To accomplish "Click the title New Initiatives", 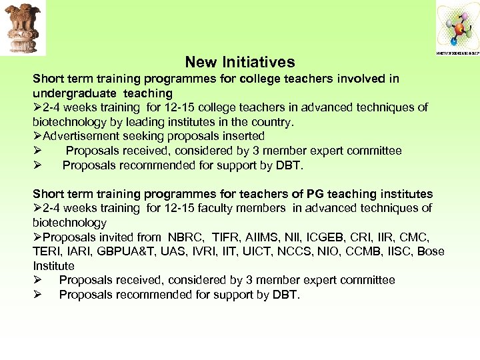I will (x=240, y=62).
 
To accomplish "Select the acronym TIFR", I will (x=227, y=237).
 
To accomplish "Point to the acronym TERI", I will (x=46, y=251).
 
